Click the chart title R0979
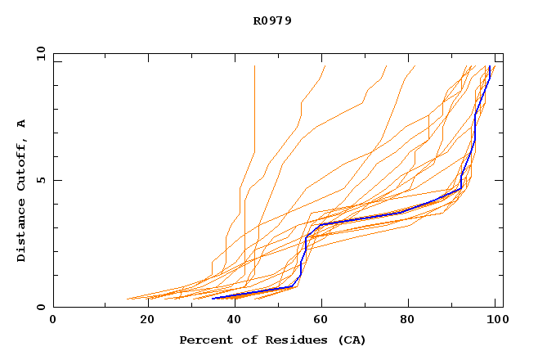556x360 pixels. click(x=272, y=20)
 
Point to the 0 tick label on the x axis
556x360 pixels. click(x=53, y=320)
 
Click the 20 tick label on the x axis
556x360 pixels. click(x=148, y=320)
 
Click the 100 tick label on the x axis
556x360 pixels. click(x=494, y=320)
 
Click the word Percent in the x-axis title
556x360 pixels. click(x=203, y=340)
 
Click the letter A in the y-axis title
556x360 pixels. click(x=21, y=124)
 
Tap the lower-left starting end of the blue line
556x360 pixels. click(x=213, y=298)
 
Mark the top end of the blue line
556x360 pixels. click(x=489, y=66)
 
